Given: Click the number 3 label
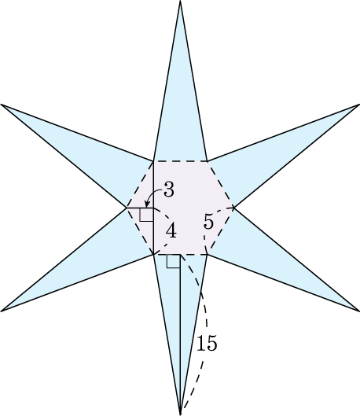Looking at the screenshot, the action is tap(169, 190).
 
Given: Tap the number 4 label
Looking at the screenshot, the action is tap(171, 230).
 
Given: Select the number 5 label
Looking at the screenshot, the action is tap(208, 221).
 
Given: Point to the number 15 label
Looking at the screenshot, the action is tap(207, 343).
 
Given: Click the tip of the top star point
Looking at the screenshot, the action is tap(180, 1).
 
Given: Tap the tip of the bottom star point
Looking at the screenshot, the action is tap(180, 414).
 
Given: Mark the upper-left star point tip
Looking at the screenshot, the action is tap(1, 105).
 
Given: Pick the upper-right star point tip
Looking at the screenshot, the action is tap(359, 105).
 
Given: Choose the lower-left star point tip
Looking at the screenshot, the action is tap(1, 311).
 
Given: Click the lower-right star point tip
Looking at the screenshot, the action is tap(359, 311).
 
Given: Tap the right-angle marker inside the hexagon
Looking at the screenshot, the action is tap(147, 215).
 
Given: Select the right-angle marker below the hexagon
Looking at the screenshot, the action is tap(174, 261).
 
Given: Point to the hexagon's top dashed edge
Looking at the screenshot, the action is tap(180, 161).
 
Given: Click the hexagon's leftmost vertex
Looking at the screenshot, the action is tap(127, 208).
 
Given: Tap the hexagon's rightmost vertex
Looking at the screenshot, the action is tap(233, 208).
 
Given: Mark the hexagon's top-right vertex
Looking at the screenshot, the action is tap(208, 161).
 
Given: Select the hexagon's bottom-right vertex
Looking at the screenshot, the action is tap(208, 255).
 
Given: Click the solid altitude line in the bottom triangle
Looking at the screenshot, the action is tap(180, 334).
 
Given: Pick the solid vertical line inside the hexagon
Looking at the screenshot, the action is tap(153, 208).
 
